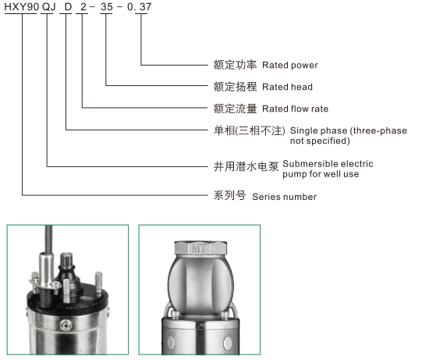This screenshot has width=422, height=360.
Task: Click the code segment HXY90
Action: pyautogui.click(x=22, y=7)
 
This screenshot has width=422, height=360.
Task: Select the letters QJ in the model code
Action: pyautogui.click(x=48, y=7)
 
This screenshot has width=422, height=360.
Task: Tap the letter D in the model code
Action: pyautogui.click(x=68, y=7)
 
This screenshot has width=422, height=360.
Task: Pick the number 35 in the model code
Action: pyautogui.click(x=107, y=7)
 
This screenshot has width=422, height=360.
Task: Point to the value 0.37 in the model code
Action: pyautogui.click(x=140, y=7)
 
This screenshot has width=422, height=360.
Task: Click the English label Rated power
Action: pyautogui.click(x=290, y=66)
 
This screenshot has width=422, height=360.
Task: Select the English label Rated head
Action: pyautogui.click(x=287, y=87)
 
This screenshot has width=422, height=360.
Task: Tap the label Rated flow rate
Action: pyautogui.click(x=295, y=109)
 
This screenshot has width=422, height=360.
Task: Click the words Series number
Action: pyautogui.click(x=284, y=197)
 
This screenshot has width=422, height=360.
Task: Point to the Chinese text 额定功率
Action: pyautogui.click(x=235, y=65)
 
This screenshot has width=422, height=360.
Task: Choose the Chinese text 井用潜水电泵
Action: pyautogui.click(x=246, y=166)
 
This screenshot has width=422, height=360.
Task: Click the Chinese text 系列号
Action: pyautogui.click(x=229, y=196)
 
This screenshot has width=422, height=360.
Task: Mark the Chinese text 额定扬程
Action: pyautogui.click(x=235, y=87)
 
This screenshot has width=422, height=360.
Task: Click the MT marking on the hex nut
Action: pyautogui.click(x=199, y=248)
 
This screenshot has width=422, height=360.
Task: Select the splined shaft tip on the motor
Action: pyautogui.click(x=67, y=260)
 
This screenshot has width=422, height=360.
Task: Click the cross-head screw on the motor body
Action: pyautogui.click(x=66, y=326)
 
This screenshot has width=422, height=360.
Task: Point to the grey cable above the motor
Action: pyautogui.click(x=48, y=239)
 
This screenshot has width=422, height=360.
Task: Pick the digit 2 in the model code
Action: pyautogui.click(x=83, y=7)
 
